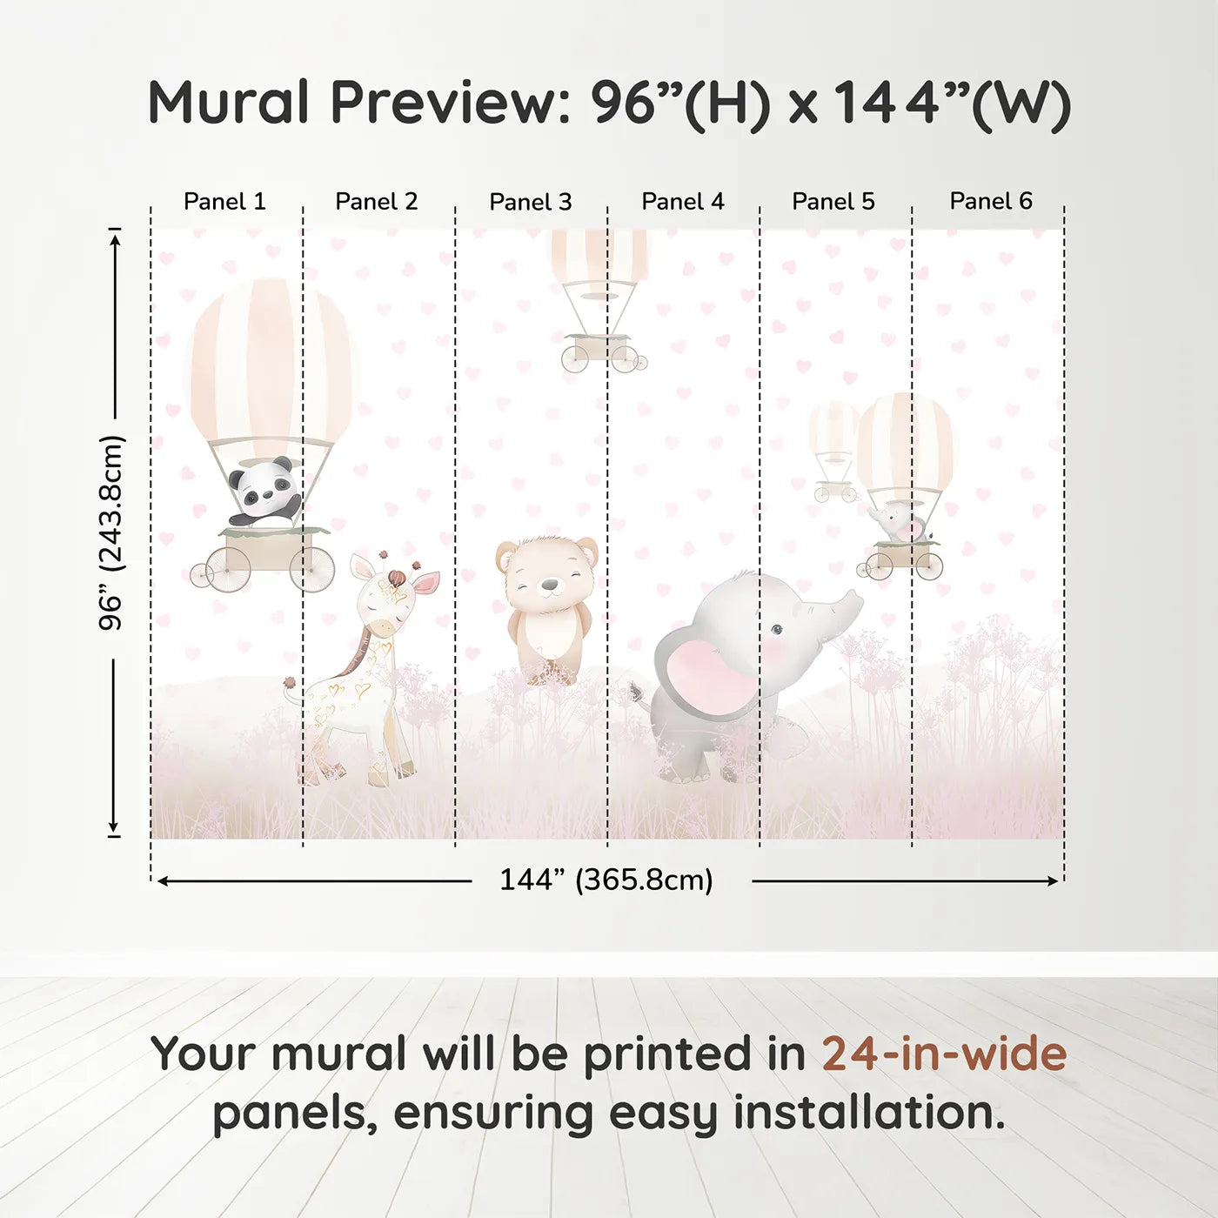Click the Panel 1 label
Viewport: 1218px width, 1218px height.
click(224, 202)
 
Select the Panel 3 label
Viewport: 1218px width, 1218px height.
click(531, 202)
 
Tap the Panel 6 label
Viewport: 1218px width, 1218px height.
click(990, 202)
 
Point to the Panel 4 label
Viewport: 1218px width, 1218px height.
click(683, 202)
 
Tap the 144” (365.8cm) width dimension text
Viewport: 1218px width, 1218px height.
click(606, 880)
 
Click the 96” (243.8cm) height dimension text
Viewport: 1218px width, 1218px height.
click(111, 532)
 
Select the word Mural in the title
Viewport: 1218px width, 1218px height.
click(229, 103)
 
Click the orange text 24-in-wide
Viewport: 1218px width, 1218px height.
click(944, 1054)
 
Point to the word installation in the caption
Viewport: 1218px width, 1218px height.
click(868, 1113)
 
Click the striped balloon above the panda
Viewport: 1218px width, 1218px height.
click(270, 357)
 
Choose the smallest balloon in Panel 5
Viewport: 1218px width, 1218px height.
click(833, 431)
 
